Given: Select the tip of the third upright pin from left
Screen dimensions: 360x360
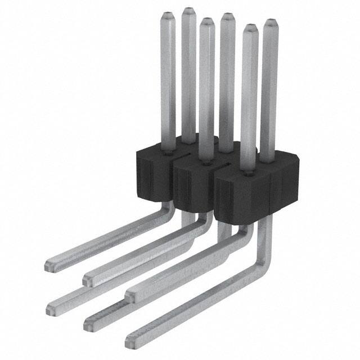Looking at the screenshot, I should pos(206,21).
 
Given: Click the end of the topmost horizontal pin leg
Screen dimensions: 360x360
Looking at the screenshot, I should pos(51,263).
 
